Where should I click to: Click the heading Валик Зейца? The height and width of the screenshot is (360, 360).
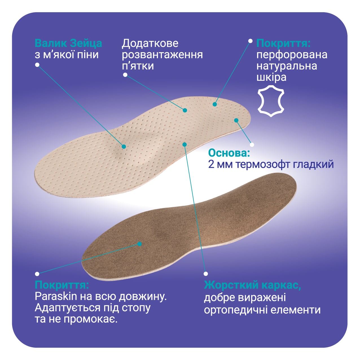click(68, 43)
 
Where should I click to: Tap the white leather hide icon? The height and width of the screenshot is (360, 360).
click(271, 102)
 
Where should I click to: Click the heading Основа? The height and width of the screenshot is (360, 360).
click(229, 153)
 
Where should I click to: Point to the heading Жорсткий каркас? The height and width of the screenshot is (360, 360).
click(253, 285)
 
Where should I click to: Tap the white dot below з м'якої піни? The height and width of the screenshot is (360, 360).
click(37, 65)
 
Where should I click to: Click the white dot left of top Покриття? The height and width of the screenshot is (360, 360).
click(250, 41)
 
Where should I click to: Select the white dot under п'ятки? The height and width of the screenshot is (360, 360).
click(125, 75)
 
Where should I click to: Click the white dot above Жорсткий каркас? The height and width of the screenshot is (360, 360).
click(206, 274)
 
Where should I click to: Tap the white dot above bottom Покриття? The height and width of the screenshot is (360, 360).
click(37, 274)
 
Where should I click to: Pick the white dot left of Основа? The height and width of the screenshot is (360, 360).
click(252, 145)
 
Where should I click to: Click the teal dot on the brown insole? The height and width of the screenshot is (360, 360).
click(140, 244)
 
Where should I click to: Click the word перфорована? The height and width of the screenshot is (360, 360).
click(292, 55)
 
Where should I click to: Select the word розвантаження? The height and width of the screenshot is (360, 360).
click(162, 55)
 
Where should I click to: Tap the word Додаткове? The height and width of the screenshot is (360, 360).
click(150, 43)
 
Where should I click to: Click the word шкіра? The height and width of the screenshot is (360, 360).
click(271, 77)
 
